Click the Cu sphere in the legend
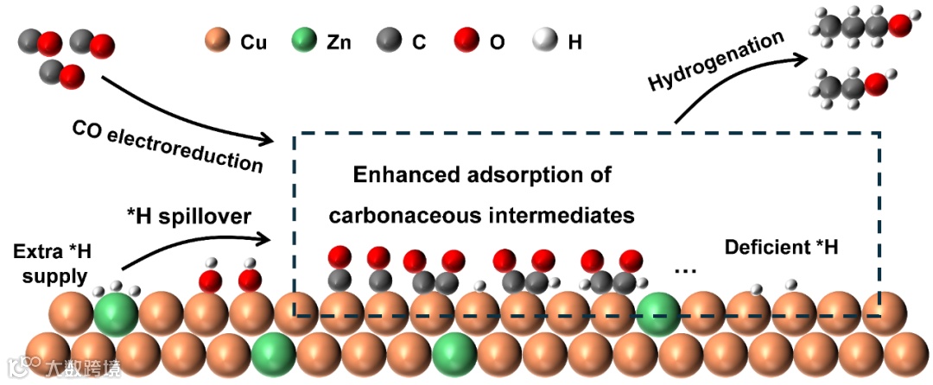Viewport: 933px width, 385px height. [216, 41]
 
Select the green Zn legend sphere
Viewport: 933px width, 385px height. [303, 41]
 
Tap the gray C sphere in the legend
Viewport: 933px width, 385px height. [389, 41]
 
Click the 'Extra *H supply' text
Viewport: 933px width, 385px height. [51, 264]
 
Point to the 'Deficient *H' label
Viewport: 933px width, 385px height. [781, 249]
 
